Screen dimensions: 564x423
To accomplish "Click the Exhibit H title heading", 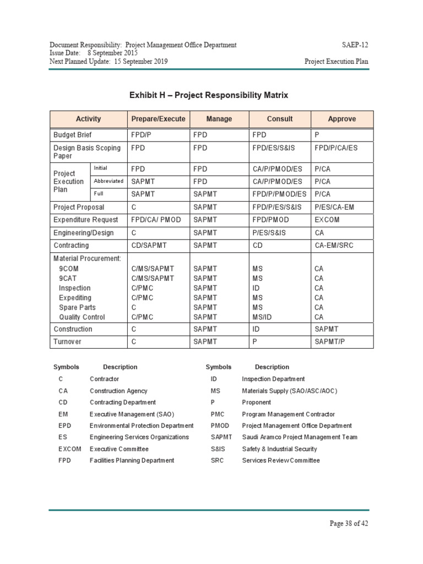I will [209, 95].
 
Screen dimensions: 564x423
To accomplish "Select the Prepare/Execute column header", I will [158, 119].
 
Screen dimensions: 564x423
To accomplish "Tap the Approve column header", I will [341, 119].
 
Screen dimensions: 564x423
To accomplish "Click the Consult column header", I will [280, 119].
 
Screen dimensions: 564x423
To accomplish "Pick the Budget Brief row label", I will [73, 135].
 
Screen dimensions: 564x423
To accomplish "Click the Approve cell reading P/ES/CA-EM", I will [335, 207].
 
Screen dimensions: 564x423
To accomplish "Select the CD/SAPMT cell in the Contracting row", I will [150, 246].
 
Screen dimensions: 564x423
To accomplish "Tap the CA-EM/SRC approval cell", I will [335, 246].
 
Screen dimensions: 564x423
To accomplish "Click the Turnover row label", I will [67, 342].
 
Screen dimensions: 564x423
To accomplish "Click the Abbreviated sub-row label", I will [109, 181].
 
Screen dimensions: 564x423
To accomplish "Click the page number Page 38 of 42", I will [349, 524].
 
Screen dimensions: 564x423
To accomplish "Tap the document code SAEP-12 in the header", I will [355, 45].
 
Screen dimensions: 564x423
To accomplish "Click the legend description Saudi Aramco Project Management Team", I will [299, 437].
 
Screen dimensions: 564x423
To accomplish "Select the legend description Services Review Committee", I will [280, 460].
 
